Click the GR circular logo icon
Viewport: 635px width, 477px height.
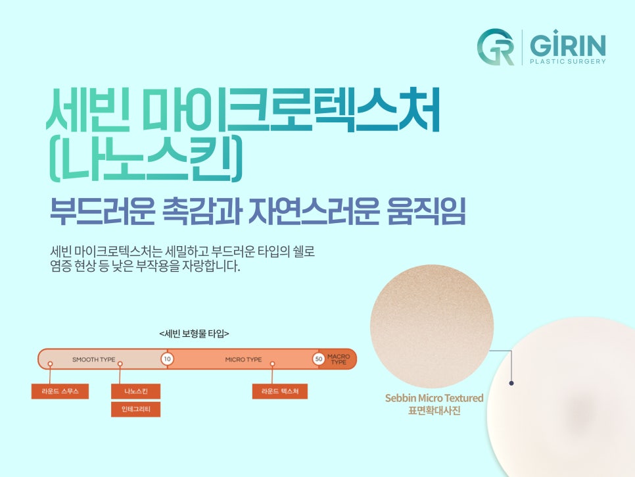coord(496,47)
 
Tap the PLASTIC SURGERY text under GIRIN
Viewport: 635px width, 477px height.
coord(567,62)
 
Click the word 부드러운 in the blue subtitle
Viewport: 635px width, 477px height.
coord(102,210)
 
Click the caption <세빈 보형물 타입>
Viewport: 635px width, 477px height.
coord(194,334)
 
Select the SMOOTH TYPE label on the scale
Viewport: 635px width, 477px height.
coord(93,360)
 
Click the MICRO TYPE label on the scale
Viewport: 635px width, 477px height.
coord(243,360)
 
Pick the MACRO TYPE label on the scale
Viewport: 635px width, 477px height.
coord(339,360)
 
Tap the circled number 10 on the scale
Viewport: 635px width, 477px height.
coord(167,359)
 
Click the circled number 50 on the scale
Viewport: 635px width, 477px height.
coord(319,359)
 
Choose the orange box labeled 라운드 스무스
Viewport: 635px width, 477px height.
coord(60,391)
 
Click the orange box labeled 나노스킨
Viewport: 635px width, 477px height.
coord(135,391)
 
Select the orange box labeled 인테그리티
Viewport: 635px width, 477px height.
coord(135,409)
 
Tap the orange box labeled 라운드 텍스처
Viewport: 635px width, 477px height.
coord(279,391)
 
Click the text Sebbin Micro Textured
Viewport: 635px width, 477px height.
coord(434,398)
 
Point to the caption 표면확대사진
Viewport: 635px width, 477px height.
coord(434,411)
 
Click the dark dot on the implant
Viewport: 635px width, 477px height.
coord(511,382)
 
